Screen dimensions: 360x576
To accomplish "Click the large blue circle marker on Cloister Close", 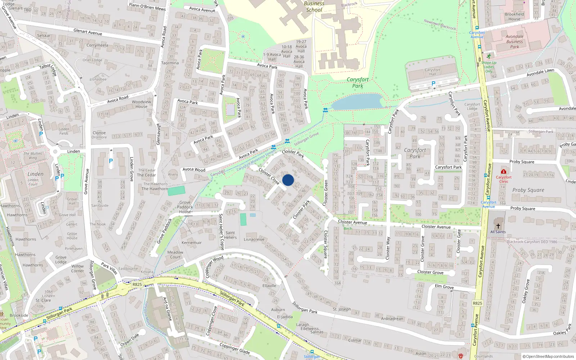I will [x=288, y=180].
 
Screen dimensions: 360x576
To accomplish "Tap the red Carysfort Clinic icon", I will [x=504, y=171].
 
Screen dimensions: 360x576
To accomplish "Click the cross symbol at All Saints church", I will [x=498, y=226].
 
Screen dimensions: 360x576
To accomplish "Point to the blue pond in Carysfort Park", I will [x=356, y=102].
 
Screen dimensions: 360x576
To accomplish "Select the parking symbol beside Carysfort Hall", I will [x=433, y=84].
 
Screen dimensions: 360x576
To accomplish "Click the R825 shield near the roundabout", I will [x=137, y=284].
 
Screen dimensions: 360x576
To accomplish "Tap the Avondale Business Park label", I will [x=514, y=41].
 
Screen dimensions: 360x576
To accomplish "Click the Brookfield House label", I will [x=514, y=17].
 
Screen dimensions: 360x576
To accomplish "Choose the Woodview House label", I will [x=141, y=104].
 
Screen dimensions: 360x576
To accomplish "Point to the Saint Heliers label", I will [x=230, y=235].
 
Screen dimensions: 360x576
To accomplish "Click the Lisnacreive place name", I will [x=254, y=239].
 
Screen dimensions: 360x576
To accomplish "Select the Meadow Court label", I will [x=175, y=255].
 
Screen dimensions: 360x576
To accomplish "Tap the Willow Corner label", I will [x=77, y=269].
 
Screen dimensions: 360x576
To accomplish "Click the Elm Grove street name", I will [x=444, y=287].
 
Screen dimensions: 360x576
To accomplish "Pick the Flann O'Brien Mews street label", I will [x=147, y=6].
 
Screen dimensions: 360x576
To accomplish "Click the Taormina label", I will [x=170, y=63].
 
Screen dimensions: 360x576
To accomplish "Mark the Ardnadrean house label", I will [x=392, y=319].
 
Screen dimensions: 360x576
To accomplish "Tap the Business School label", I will [x=314, y=6].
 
